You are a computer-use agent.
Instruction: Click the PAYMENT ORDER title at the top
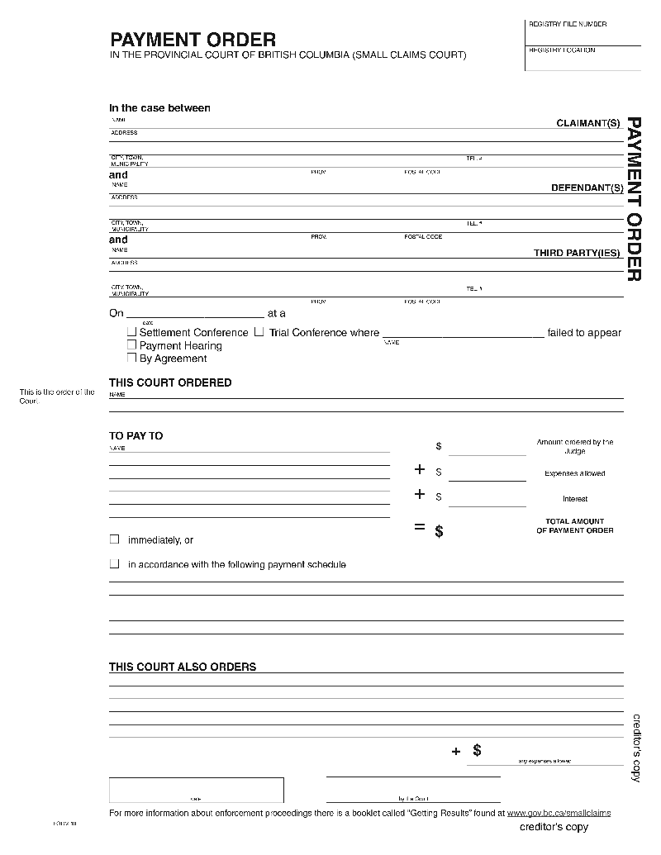point(193,40)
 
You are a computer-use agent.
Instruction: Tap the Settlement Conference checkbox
point(131,332)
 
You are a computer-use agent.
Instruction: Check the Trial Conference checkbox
point(259,332)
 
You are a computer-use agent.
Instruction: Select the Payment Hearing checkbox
point(131,345)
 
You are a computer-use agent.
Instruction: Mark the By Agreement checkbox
point(131,359)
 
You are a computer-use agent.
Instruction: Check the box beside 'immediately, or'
point(115,539)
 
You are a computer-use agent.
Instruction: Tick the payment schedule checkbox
point(115,564)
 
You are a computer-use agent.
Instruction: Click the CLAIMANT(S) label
point(587,123)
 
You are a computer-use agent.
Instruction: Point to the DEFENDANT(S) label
point(587,188)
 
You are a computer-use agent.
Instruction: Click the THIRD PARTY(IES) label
point(578,254)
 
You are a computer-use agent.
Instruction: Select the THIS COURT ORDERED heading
point(170,382)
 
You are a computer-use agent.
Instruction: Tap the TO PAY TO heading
point(136,435)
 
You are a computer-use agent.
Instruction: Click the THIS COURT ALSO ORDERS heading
point(183,667)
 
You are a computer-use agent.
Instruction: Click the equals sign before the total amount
point(420,527)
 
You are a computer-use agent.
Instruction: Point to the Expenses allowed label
point(574,473)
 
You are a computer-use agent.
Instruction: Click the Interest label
point(575,499)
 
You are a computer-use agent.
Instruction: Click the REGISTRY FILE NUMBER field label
point(568,24)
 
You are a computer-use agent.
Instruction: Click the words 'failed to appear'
point(584,333)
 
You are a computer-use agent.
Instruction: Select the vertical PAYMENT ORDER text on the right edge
point(634,198)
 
